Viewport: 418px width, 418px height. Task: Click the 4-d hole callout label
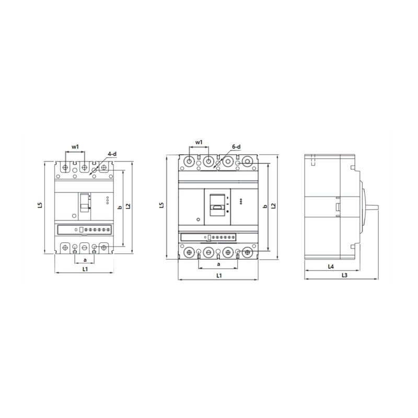click(112, 154)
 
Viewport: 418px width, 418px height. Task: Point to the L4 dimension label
click(331, 266)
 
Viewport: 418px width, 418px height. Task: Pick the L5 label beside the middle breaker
click(161, 206)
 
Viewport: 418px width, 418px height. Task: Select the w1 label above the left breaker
click(75, 147)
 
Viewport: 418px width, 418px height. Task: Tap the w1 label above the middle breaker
click(199, 142)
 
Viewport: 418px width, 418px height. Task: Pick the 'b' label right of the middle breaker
click(265, 207)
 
